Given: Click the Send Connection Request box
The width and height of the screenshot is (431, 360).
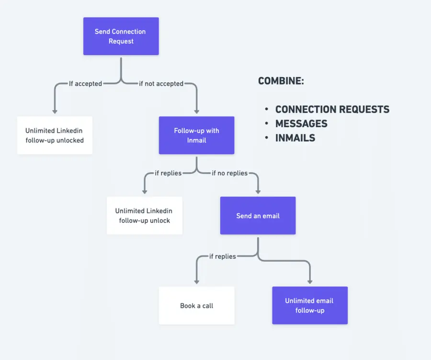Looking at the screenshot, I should [121, 36].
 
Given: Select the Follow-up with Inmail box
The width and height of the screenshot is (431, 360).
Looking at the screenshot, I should [196, 135].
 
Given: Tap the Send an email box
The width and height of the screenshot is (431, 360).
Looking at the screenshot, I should [258, 216].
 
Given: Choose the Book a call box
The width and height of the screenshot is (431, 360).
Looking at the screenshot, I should [196, 305].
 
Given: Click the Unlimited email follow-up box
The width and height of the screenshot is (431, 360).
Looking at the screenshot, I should [309, 305].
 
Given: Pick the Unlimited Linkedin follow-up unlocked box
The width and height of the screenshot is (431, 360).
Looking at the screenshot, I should [55, 135].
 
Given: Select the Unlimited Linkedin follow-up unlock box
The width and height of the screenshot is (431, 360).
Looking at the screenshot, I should [144, 216].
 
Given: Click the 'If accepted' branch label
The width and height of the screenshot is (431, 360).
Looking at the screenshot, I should [85, 84].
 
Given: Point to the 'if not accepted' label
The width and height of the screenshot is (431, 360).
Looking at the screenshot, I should [161, 84].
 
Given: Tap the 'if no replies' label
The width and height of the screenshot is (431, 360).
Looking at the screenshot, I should [230, 173].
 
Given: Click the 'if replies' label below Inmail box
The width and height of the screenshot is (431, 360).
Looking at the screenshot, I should [168, 173].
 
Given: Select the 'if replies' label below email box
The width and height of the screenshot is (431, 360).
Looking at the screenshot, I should [222, 256].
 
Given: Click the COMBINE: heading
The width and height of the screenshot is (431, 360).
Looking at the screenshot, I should [281, 81].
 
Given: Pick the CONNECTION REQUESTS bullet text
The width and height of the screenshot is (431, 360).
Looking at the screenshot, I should [332, 109].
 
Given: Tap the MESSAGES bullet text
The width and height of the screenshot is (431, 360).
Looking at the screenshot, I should [301, 124].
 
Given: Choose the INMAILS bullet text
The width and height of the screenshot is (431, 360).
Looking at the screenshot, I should [295, 138].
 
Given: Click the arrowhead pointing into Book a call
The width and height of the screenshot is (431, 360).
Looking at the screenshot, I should [196, 282].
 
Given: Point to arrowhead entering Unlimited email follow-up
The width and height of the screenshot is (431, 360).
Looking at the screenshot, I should [309, 282].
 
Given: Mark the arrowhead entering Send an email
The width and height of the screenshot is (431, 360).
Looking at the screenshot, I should [258, 192].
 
